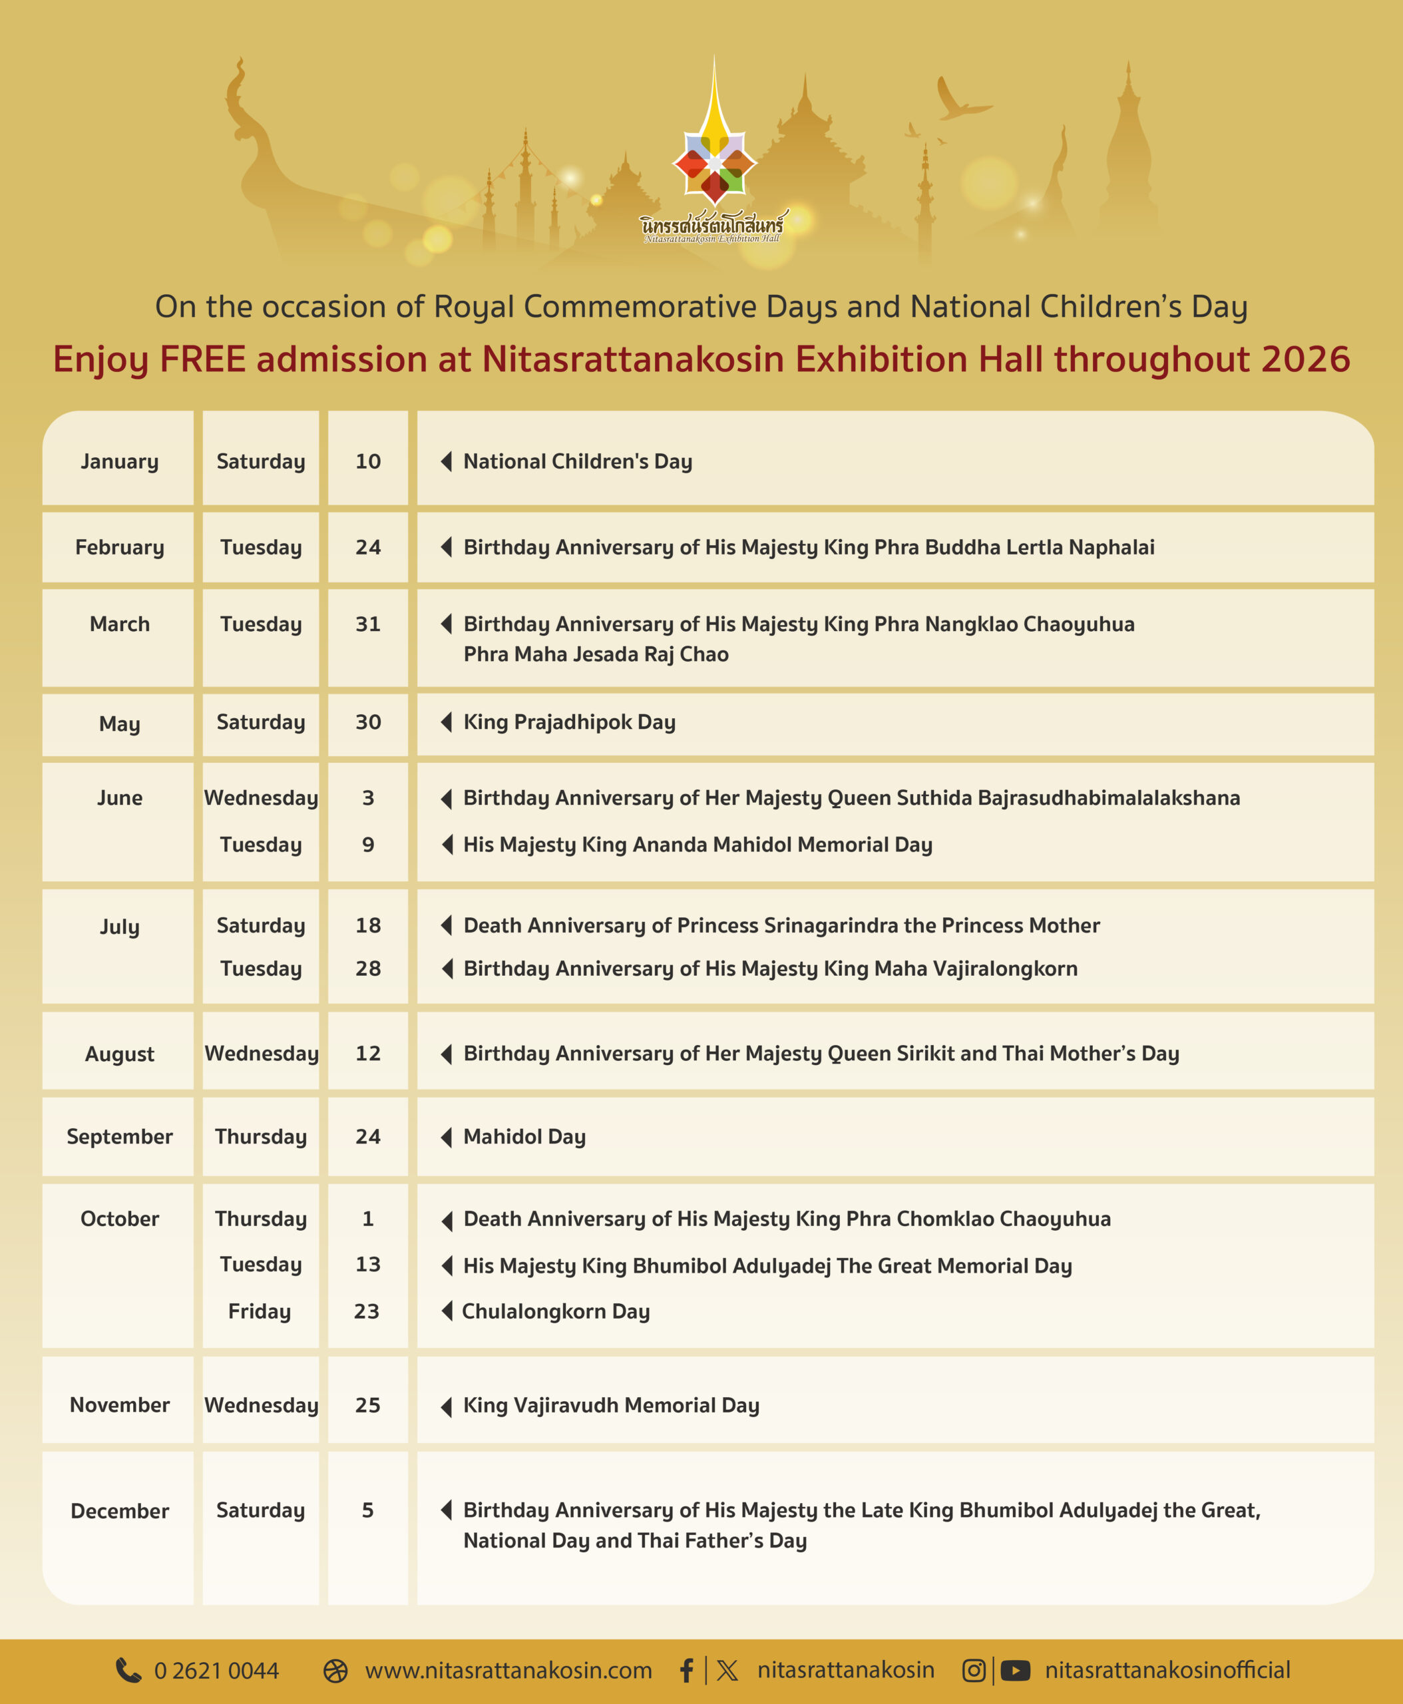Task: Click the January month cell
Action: point(120,461)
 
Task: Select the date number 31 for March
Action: point(367,624)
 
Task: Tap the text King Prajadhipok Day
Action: point(569,722)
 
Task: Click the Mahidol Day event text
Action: point(524,1136)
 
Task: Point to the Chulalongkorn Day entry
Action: point(555,1311)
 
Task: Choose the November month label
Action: point(120,1405)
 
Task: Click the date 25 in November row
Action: point(367,1405)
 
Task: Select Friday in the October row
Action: point(260,1311)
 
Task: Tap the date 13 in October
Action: point(367,1264)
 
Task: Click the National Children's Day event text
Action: point(577,461)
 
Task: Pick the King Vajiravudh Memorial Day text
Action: point(611,1405)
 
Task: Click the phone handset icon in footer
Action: point(128,1670)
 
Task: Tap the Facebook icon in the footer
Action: point(686,1670)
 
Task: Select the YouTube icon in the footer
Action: point(1015,1670)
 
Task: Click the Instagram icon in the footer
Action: point(974,1670)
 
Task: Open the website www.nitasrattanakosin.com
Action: point(508,1670)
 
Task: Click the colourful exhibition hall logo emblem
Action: point(714,162)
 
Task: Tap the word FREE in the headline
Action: point(203,359)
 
